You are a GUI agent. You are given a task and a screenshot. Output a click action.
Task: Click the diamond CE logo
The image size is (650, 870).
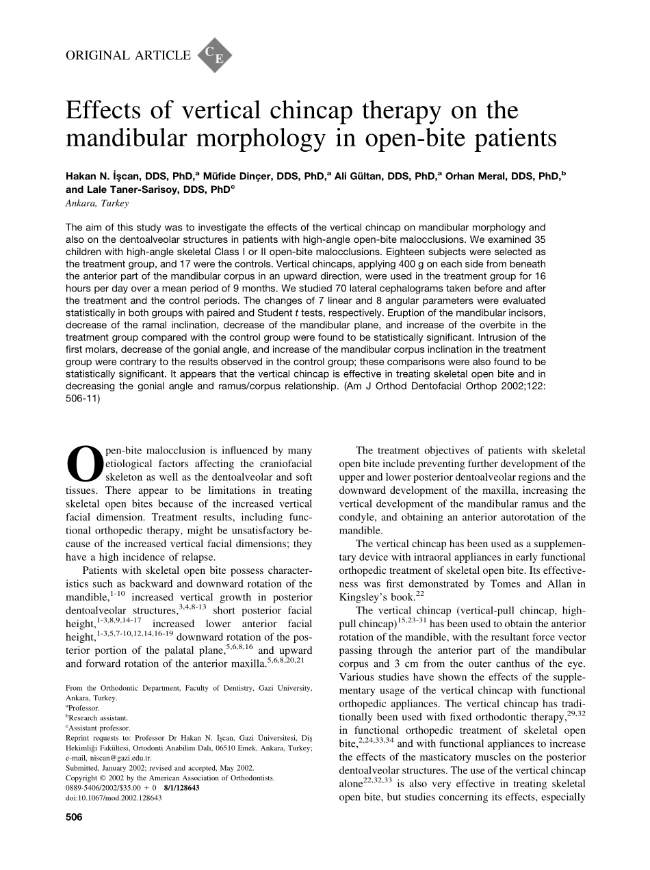[x=215, y=55]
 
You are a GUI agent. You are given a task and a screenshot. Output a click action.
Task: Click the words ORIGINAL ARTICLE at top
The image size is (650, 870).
[x=128, y=55]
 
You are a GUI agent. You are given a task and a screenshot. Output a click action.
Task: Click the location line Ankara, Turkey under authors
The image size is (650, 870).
[x=96, y=203]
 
